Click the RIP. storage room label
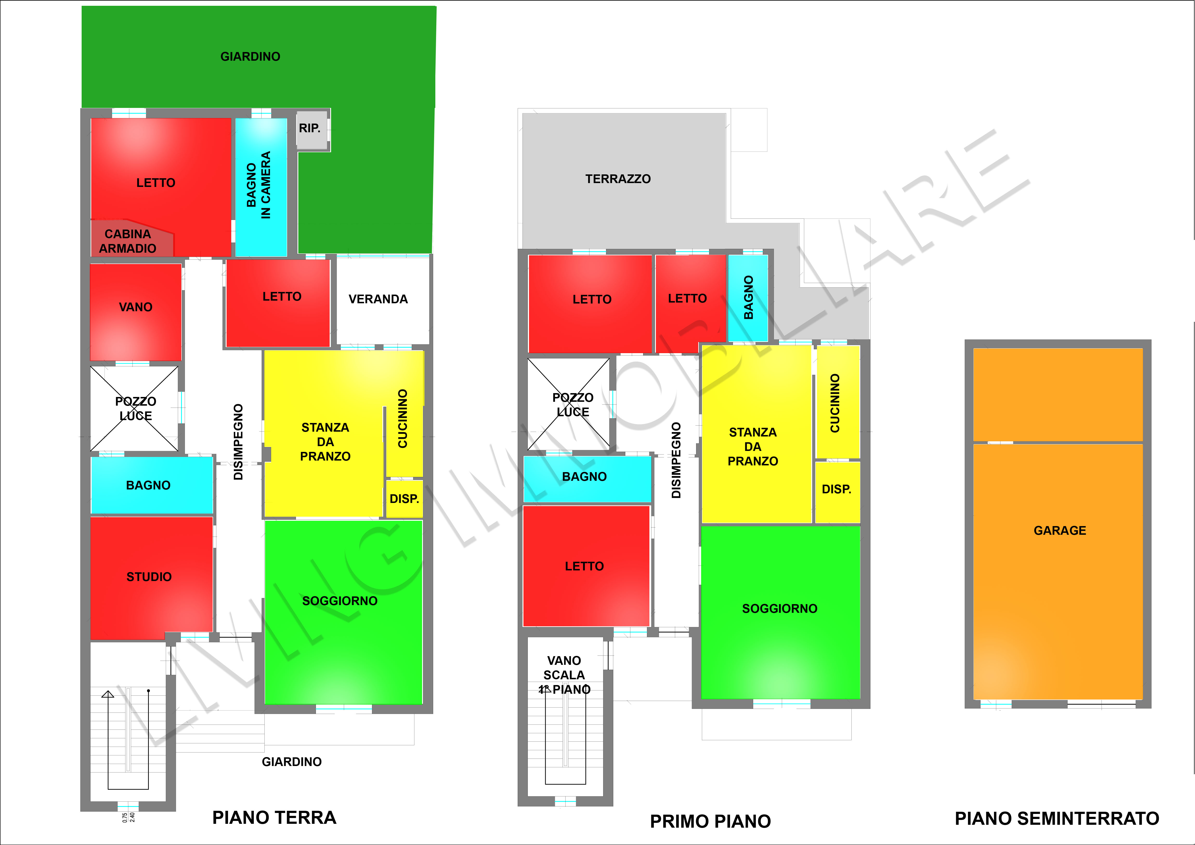pyautogui.click(x=310, y=128)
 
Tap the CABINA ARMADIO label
pyautogui.click(x=128, y=241)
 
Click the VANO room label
pyautogui.click(x=136, y=307)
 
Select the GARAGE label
pyautogui.click(x=1060, y=530)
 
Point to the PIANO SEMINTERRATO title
pyautogui.click(x=1057, y=819)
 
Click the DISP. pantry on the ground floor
pyautogui.click(x=405, y=499)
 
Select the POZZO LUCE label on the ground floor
pyautogui.click(x=136, y=409)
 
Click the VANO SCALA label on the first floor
pyautogui.click(x=564, y=668)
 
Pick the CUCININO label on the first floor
pyautogui.click(x=835, y=403)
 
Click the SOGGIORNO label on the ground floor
pyautogui.click(x=340, y=601)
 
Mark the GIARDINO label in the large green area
pyautogui.click(x=250, y=56)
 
